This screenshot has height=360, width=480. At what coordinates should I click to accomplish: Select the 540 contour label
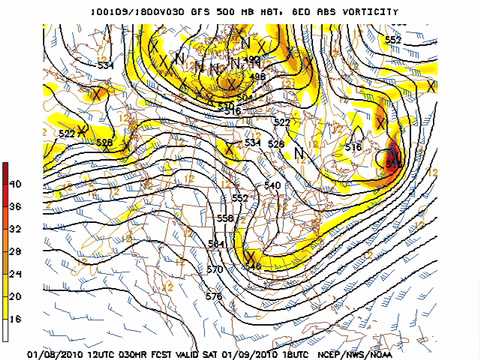[272, 186]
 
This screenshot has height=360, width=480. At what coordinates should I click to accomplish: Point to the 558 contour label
[225, 218]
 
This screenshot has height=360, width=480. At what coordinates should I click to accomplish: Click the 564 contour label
[216, 245]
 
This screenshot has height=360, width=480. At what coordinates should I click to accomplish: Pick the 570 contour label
[214, 270]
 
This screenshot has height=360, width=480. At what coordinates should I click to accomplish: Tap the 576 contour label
[213, 297]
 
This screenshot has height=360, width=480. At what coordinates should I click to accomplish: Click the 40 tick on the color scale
[15, 184]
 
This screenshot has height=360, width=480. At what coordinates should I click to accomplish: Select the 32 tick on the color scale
[15, 229]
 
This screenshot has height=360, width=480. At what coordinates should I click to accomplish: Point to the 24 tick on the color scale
[15, 274]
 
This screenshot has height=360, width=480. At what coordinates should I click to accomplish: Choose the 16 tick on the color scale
[15, 319]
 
